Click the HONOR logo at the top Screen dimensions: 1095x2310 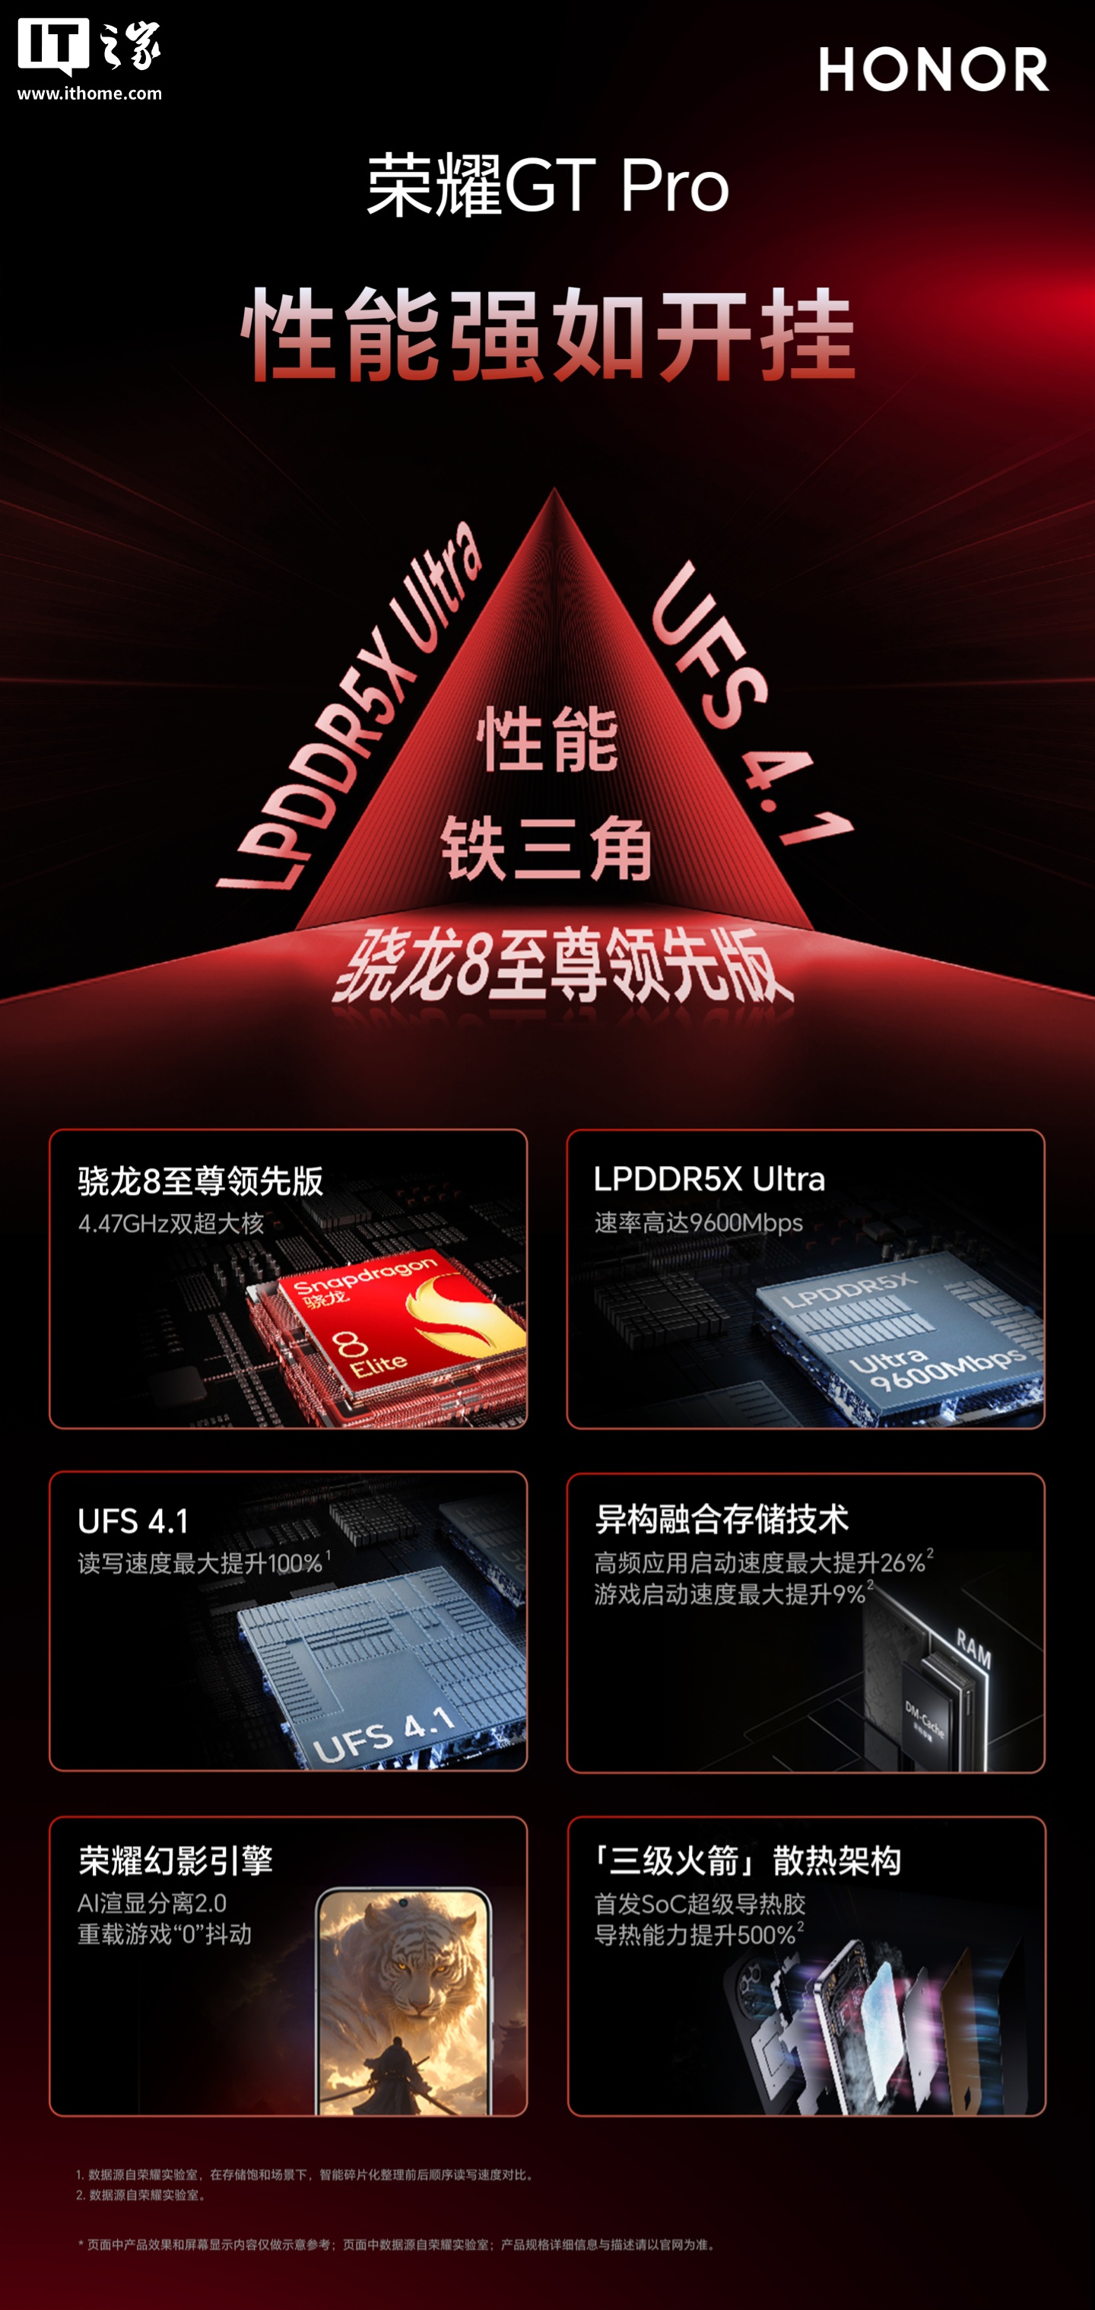pyautogui.click(x=934, y=70)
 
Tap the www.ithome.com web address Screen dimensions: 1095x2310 pyautogui.click(x=90, y=94)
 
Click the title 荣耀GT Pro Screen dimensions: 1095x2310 pyautogui.click(x=548, y=186)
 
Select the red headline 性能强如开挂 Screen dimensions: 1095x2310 pyautogui.click(x=548, y=334)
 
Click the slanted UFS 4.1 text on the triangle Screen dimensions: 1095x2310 pyautogui.click(x=751, y=703)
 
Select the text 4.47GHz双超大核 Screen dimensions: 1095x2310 pyautogui.click(x=171, y=1224)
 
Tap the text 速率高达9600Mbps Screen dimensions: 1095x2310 pyautogui.click(x=699, y=1223)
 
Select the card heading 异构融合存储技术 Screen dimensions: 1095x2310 pyautogui.click(x=722, y=1520)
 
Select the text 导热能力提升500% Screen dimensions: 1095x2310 pyautogui.click(x=699, y=1934)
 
